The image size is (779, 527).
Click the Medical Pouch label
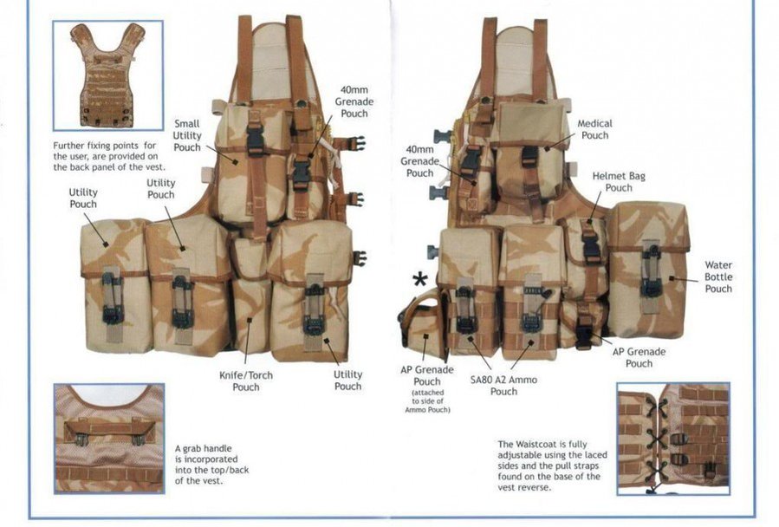[594, 129]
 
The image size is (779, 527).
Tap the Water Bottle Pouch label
[718, 277]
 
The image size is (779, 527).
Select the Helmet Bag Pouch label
[619, 182]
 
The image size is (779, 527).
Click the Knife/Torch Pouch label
[246, 381]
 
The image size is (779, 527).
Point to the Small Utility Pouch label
[187, 135]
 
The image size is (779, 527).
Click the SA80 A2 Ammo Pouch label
[503, 386]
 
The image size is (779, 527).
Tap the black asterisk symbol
[419, 279]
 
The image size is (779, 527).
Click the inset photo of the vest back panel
[107, 75]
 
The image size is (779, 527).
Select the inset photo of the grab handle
[109, 439]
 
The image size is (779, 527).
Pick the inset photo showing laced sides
[673, 439]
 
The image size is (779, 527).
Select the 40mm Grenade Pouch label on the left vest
[354, 101]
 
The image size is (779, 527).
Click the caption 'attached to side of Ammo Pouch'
[428, 401]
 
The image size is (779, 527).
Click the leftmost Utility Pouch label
[83, 198]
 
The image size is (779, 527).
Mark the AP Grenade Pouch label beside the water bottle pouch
[639, 357]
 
